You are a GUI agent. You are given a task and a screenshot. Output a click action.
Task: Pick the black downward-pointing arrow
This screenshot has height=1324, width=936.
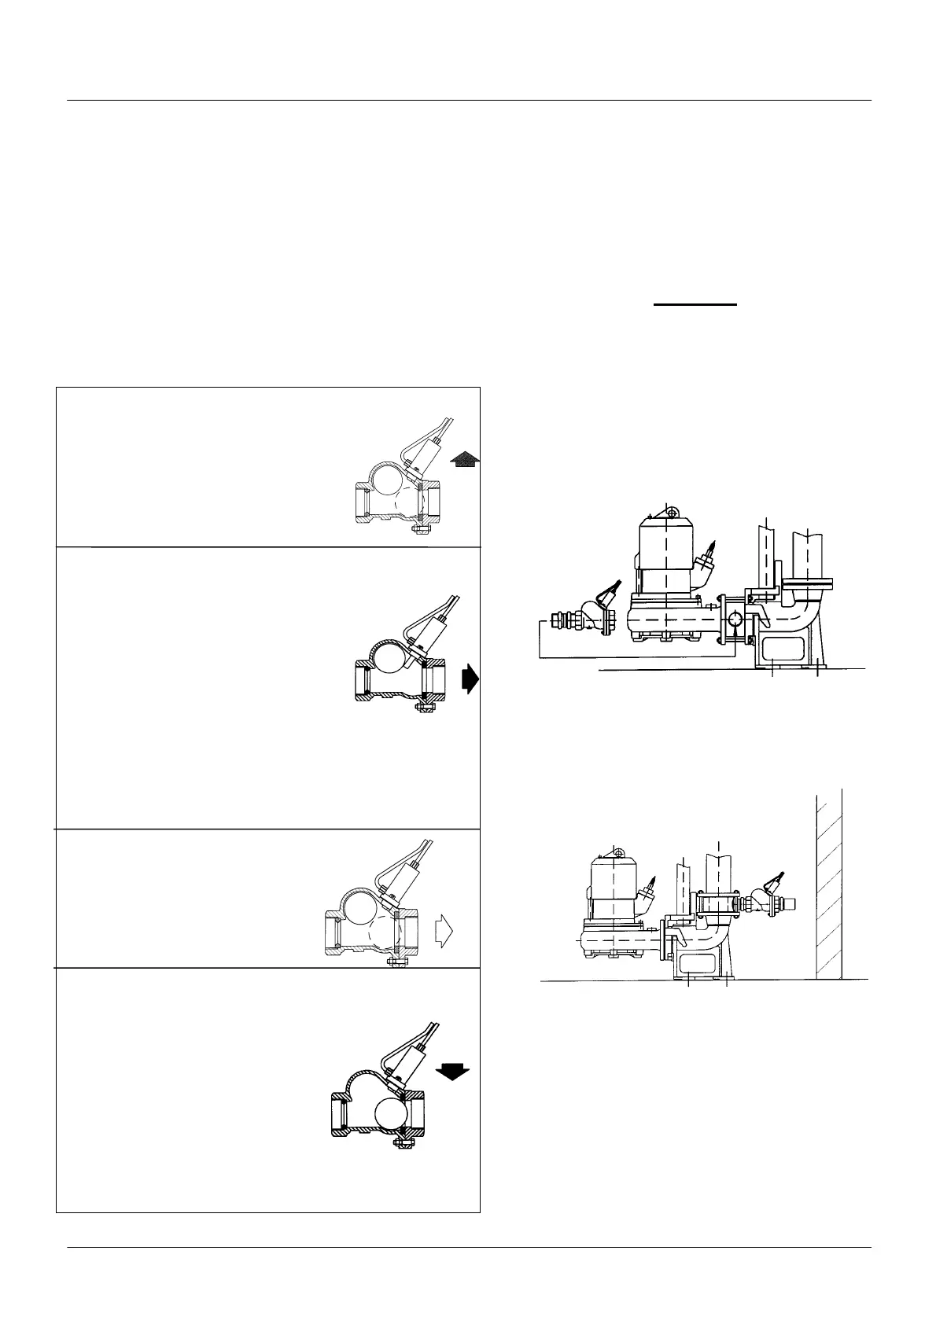click(451, 1071)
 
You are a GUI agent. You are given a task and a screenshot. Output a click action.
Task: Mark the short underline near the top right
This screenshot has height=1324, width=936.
click(696, 303)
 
